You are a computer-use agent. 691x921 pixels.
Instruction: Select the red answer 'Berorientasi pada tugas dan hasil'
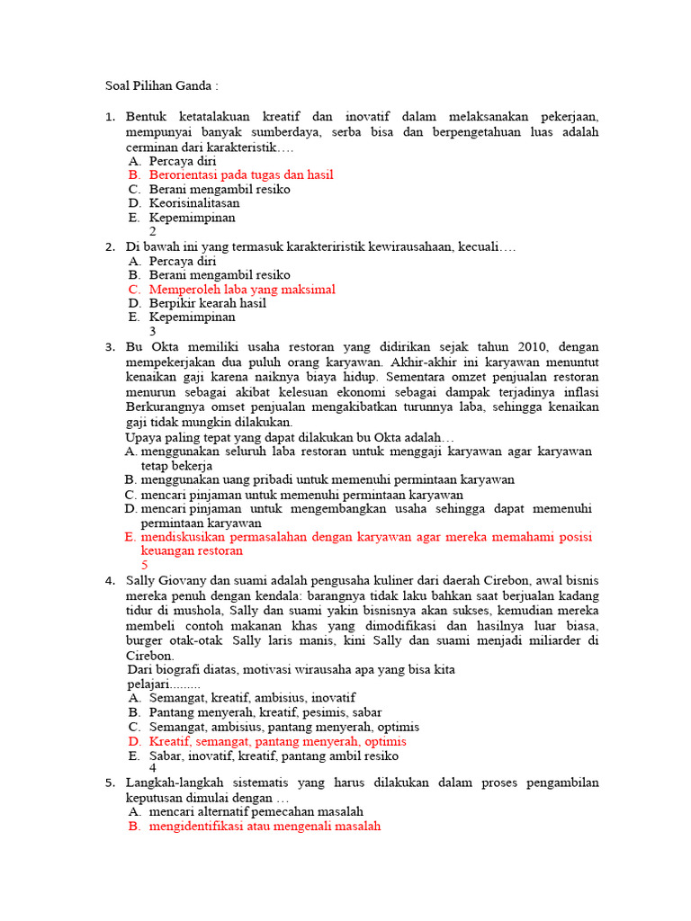(x=241, y=174)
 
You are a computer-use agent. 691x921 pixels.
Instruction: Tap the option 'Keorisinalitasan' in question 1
(x=194, y=203)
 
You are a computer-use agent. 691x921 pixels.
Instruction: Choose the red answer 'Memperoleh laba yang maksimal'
(x=242, y=290)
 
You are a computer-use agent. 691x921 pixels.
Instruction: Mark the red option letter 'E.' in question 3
(x=130, y=537)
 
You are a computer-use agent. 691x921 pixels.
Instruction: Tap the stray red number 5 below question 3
(x=145, y=565)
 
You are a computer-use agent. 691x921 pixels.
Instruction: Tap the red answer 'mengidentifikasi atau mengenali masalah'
(x=265, y=826)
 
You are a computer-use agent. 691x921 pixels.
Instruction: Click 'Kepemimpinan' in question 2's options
(x=192, y=317)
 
